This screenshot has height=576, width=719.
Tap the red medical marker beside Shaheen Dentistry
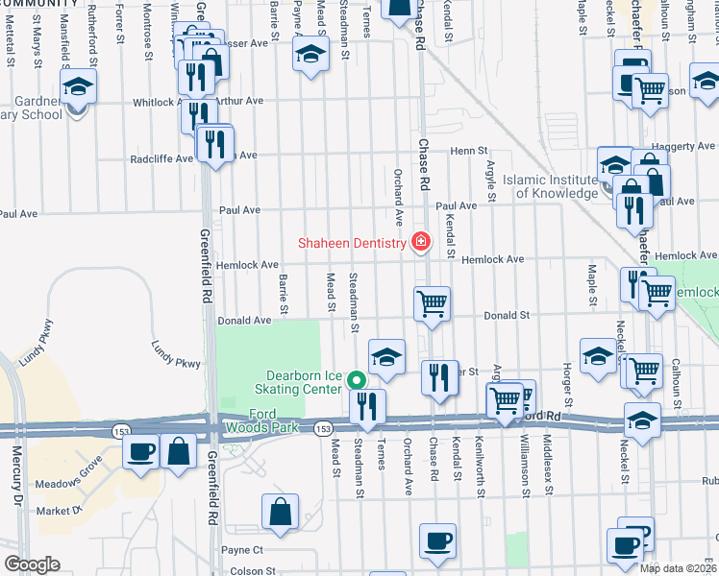pos(419,242)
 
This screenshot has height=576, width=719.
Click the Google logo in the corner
pos(33,564)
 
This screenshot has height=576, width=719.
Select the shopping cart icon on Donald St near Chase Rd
pos(433,304)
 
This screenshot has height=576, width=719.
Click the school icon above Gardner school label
pos(78,88)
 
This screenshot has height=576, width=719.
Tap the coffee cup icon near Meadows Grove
pos(142,451)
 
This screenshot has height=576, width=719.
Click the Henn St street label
pos(470,151)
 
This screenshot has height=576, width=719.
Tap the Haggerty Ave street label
pos(685,146)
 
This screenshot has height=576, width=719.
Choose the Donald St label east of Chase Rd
pos(507,315)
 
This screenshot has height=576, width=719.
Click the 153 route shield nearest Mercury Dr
pos(121,427)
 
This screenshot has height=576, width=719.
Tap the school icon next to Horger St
pos(598,355)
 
